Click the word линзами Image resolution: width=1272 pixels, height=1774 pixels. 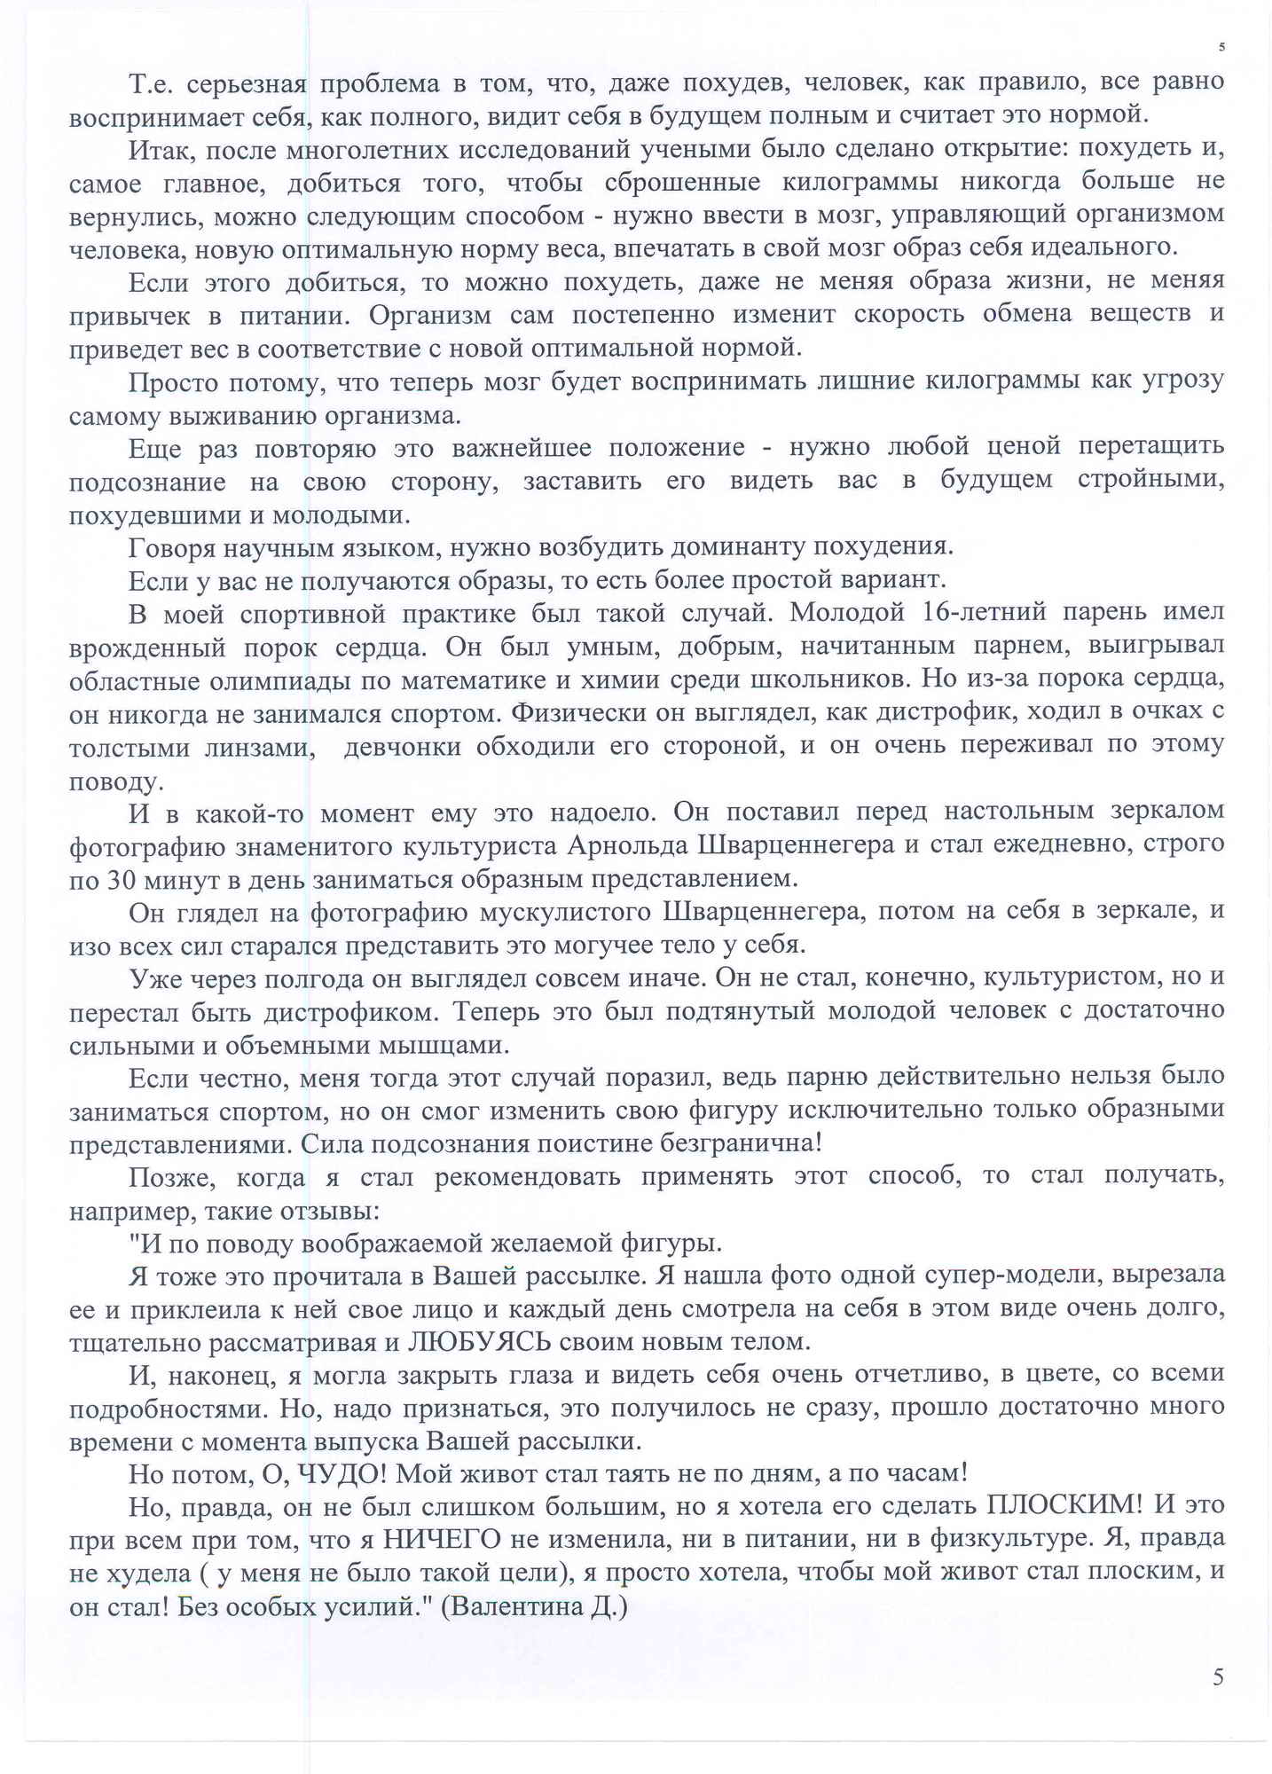pyautogui.click(x=258, y=747)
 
